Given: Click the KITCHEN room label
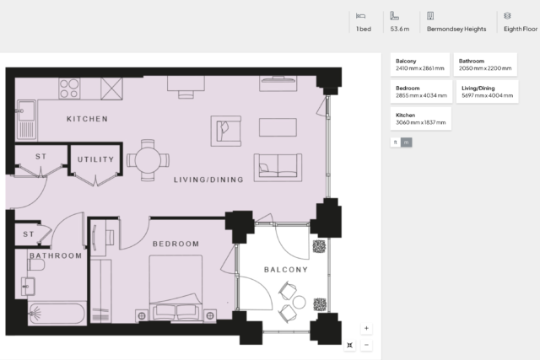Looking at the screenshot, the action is (x=87, y=119).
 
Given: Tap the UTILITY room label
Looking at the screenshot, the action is (x=95, y=159).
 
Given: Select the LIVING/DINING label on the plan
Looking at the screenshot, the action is (x=208, y=180).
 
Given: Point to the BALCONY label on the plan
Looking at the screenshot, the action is (x=286, y=270).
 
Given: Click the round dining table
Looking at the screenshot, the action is (x=148, y=160).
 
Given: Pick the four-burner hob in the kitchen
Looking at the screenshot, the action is (x=69, y=89).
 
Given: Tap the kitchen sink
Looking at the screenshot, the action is (x=26, y=120).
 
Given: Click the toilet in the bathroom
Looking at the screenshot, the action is (x=36, y=265).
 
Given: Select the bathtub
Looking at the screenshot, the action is (x=57, y=313).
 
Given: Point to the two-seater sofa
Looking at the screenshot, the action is (x=278, y=168).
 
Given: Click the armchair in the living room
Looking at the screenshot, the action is (x=226, y=132).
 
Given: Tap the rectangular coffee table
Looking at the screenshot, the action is (x=278, y=127).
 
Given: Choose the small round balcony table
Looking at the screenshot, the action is (x=300, y=302).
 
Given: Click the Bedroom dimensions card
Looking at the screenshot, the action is (x=421, y=92).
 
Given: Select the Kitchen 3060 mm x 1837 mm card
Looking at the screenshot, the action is (x=421, y=119).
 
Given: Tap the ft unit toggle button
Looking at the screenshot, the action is (x=396, y=142).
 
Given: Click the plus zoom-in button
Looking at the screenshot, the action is (x=366, y=328).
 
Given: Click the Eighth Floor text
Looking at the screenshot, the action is (x=521, y=30).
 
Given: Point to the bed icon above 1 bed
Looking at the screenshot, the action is (x=360, y=16).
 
